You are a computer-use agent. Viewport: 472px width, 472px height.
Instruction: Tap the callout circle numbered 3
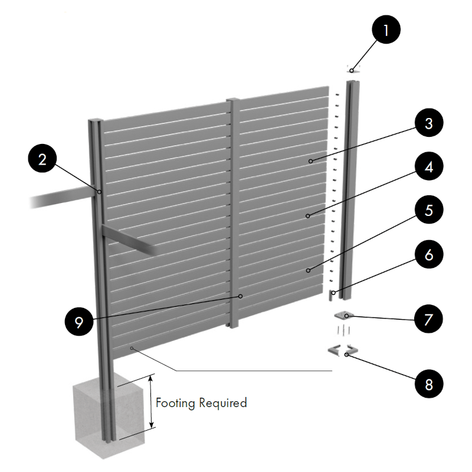point(428,124)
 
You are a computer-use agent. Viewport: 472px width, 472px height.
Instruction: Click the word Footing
point(176,403)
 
